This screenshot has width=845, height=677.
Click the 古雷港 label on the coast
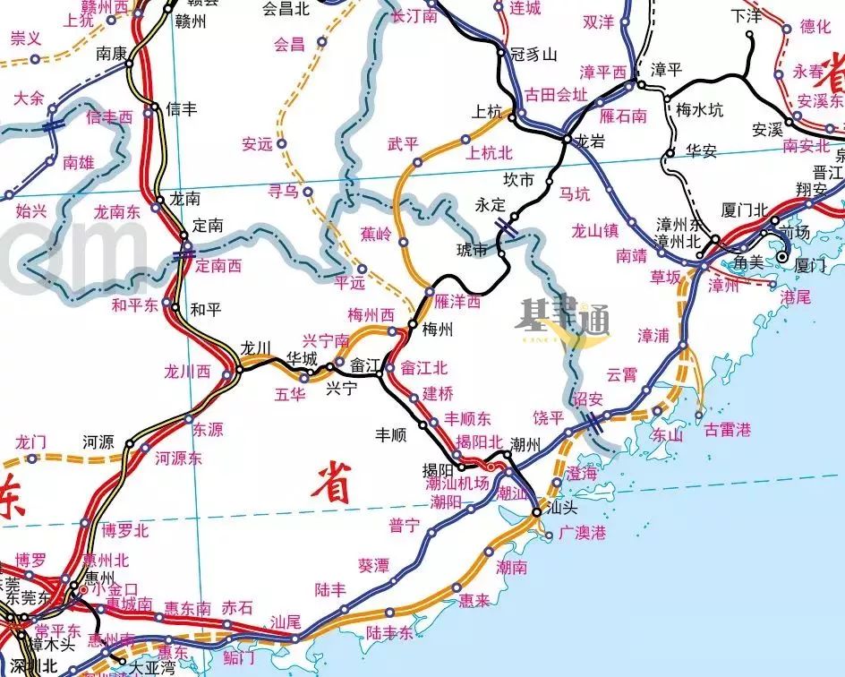tap(728, 430)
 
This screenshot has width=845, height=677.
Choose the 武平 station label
tap(403, 143)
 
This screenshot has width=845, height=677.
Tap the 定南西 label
tap(219, 265)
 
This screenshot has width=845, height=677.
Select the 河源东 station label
tap(178, 458)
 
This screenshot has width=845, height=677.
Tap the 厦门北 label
tap(745, 210)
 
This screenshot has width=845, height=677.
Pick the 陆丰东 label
tap(389, 633)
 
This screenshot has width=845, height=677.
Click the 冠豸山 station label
tap(533, 55)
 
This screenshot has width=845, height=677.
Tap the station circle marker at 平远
tap(362, 269)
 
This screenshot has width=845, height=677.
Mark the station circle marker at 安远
tap(281, 142)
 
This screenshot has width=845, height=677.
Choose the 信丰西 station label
tap(109, 116)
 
